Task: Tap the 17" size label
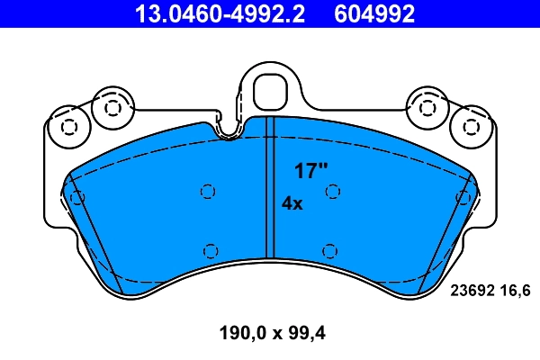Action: click(x=310, y=170)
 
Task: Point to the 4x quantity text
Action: click(x=292, y=203)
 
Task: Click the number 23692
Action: click(x=471, y=290)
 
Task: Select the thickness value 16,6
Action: click(x=516, y=290)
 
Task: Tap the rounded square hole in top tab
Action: click(x=269, y=90)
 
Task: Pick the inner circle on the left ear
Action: click(x=112, y=107)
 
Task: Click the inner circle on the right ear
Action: click(x=427, y=107)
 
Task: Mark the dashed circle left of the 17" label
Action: click(x=207, y=191)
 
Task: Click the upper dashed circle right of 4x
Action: click(x=332, y=191)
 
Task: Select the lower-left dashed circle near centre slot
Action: click(x=211, y=250)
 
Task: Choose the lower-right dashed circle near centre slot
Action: click(x=329, y=250)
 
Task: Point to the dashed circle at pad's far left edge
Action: click(x=77, y=196)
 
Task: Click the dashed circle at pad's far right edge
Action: click(x=463, y=196)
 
